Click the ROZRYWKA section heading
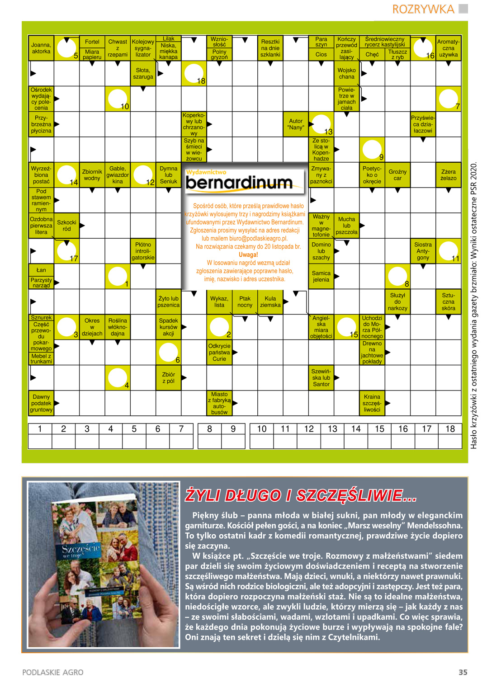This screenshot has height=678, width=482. (x=423, y=9)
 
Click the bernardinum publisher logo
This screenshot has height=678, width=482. (x=239, y=182)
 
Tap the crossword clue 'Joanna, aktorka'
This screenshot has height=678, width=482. (x=41, y=48)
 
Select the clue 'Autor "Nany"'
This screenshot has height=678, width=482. (x=296, y=124)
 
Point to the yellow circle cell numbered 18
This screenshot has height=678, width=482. (x=194, y=74)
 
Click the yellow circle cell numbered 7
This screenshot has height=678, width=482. (x=449, y=99)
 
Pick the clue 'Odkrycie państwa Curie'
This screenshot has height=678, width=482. (x=219, y=353)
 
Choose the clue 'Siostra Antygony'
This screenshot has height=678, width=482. (x=423, y=251)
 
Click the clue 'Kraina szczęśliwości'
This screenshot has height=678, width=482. (x=372, y=403)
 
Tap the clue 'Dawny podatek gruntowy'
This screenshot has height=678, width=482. (x=41, y=403)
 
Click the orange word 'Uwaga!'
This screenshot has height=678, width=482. (x=248, y=255)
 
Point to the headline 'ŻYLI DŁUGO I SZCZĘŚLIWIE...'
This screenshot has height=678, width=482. (x=301, y=496)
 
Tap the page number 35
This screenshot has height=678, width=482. (x=463, y=672)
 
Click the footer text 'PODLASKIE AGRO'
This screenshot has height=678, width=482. (x=53, y=672)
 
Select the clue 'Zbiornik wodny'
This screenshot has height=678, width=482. (x=92, y=175)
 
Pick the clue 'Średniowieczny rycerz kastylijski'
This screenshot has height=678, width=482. (x=385, y=42)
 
